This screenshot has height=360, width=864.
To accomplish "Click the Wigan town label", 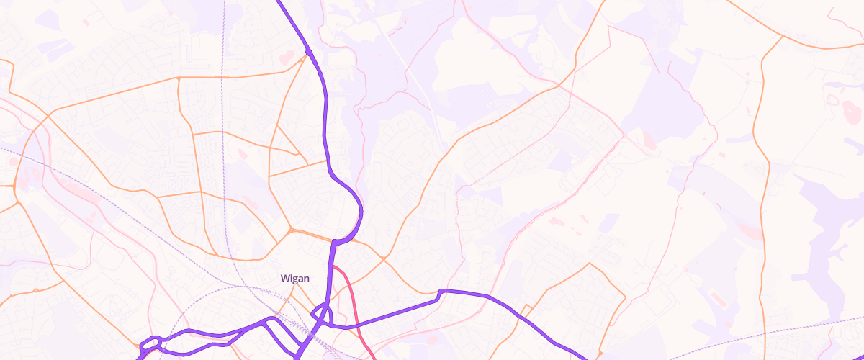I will tap(294, 279).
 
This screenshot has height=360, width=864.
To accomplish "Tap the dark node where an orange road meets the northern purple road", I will tap(308, 51).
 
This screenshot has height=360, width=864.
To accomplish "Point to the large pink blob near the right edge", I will tap(852, 110).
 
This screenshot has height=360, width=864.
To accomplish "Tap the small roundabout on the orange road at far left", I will tap(14, 188).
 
